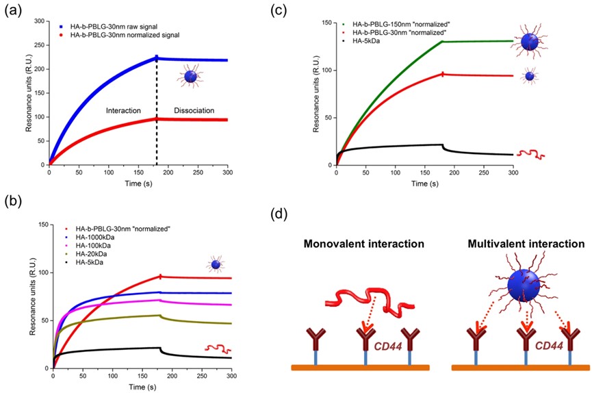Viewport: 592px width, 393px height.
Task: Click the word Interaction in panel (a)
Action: coord(123,110)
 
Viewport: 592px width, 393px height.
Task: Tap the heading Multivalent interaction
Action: coord(522,243)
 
